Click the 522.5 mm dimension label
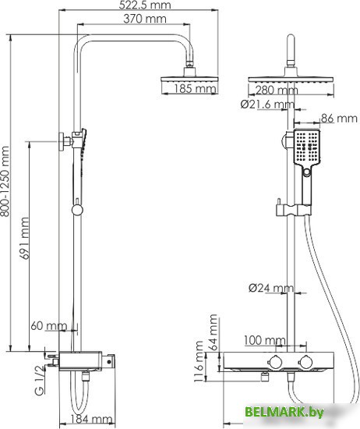(145, 5)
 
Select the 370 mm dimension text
(145, 19)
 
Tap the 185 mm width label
(195, 89)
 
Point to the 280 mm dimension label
(276, 90)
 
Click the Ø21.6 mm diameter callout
(267, 105)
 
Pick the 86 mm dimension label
(339, 119)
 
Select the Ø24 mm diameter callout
(271, 288)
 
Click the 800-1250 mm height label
(5, 181)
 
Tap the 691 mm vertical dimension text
(25, 239)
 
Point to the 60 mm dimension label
(48, 326)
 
